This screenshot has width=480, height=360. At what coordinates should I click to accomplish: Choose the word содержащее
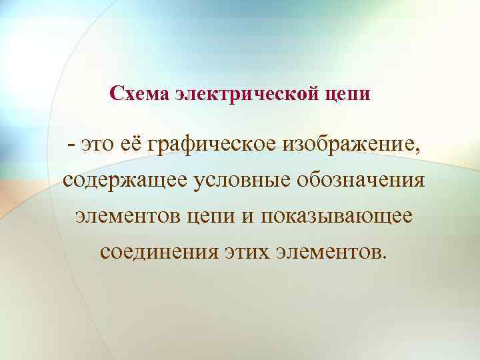point(125,181)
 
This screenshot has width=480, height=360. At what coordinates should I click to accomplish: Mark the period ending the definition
point(383,258)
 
